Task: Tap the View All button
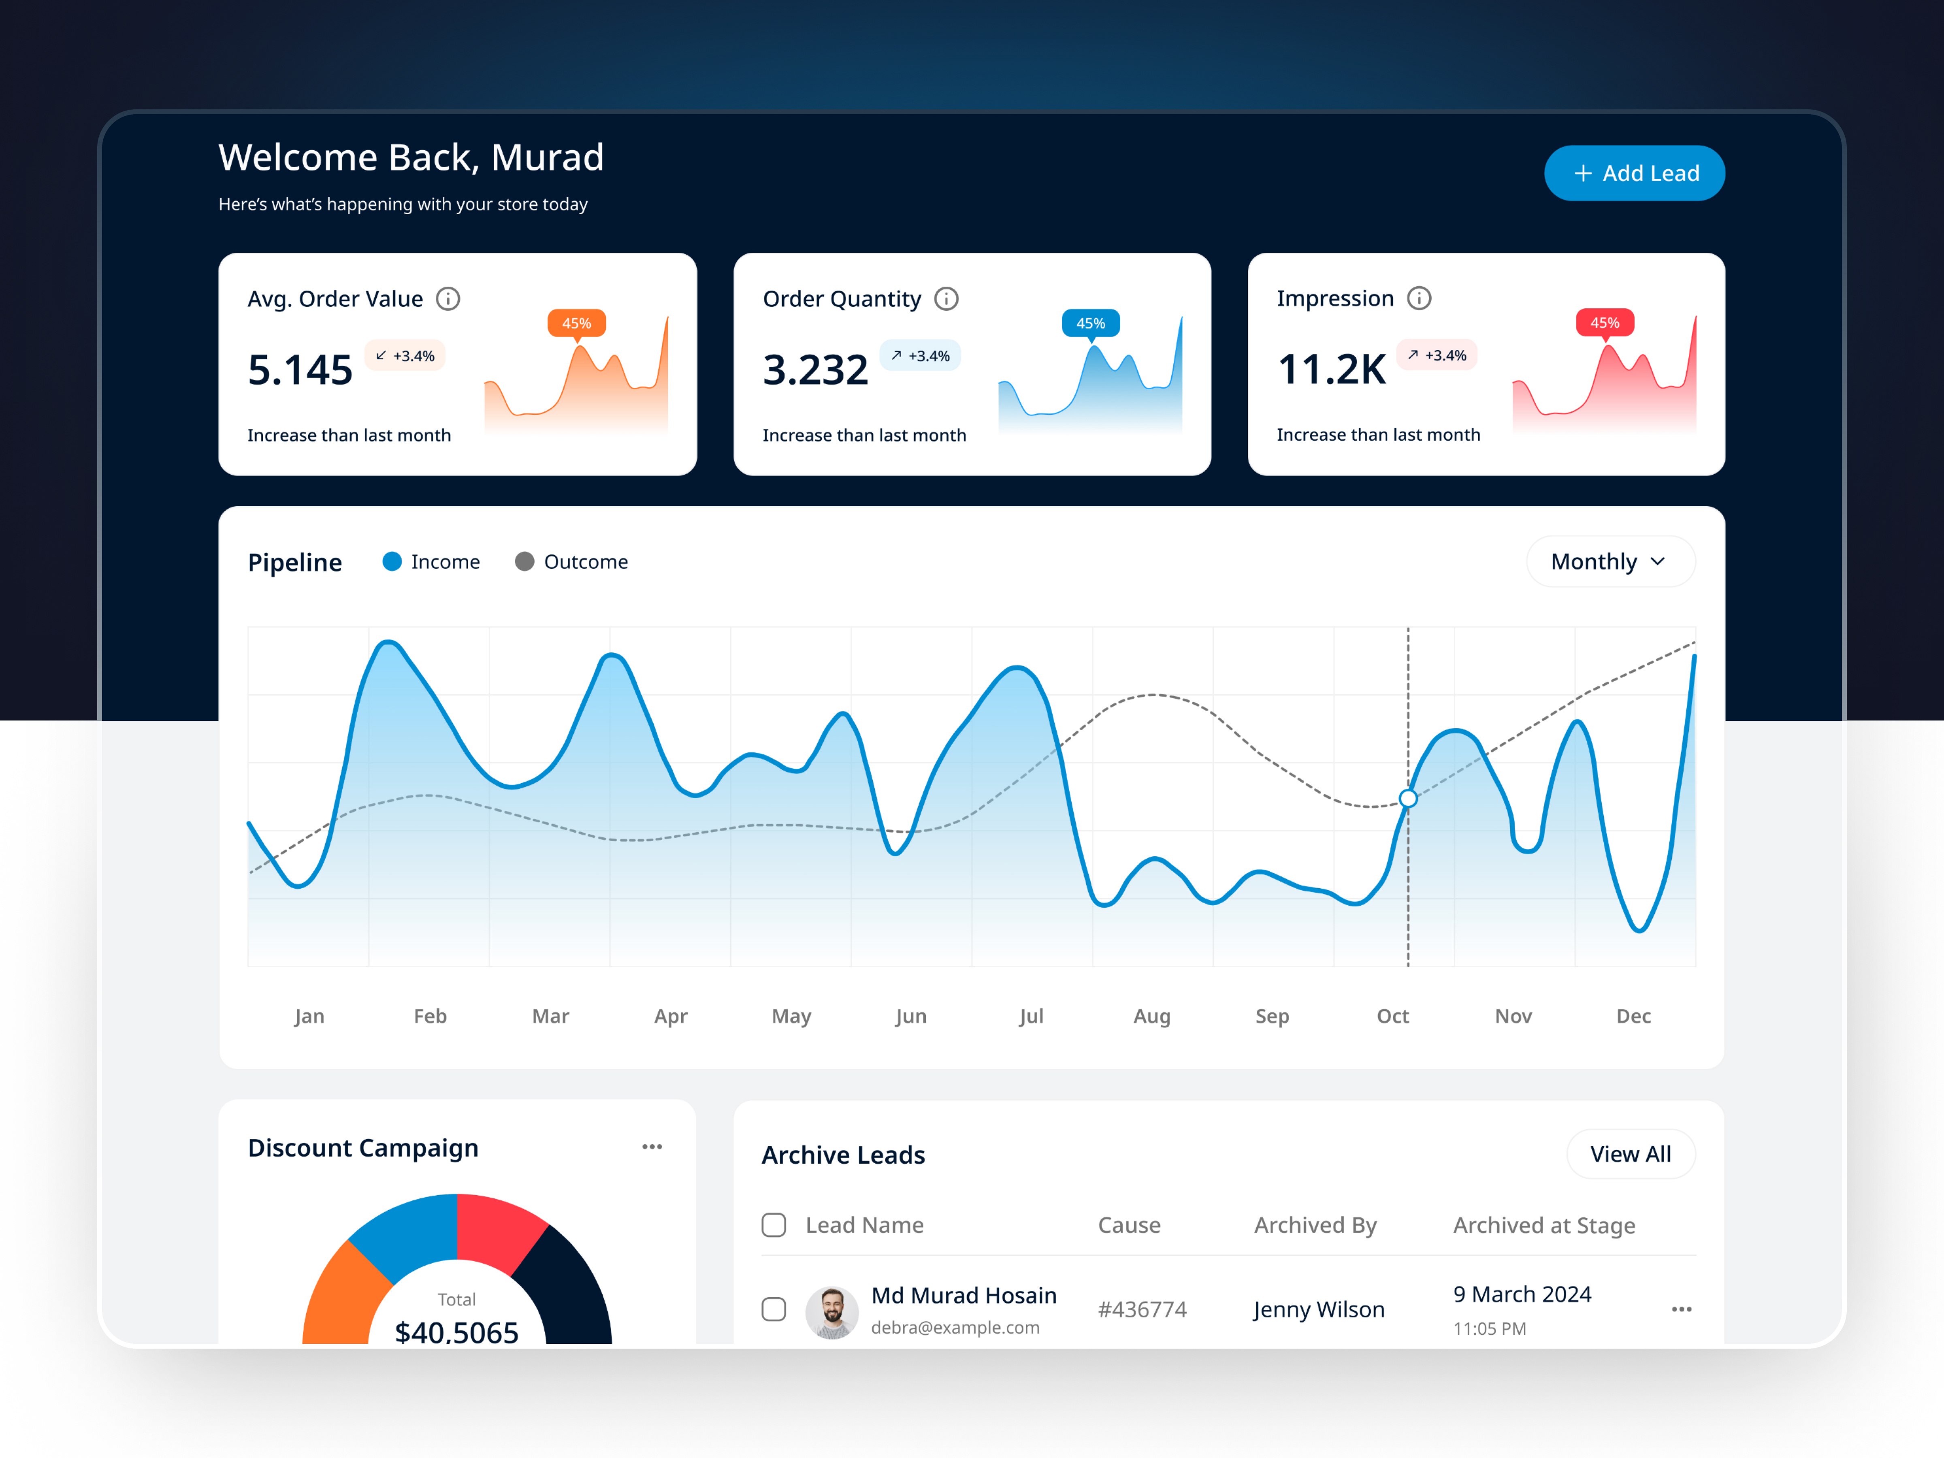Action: point(1630,1154)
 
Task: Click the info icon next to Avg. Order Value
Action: point(448,299)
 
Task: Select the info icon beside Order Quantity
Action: point(946,299)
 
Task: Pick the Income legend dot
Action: point(392,562)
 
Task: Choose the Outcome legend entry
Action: point(572,562)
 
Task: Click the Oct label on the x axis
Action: point(1392,1016)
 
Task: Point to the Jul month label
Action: point(1031,1016)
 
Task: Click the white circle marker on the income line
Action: point(1408,798)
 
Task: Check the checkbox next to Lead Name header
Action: point(774,1225)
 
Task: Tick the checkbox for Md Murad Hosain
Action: point(774,1309)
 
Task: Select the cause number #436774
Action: point(1142,1309)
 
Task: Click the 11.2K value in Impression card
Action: point(1332,369)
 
